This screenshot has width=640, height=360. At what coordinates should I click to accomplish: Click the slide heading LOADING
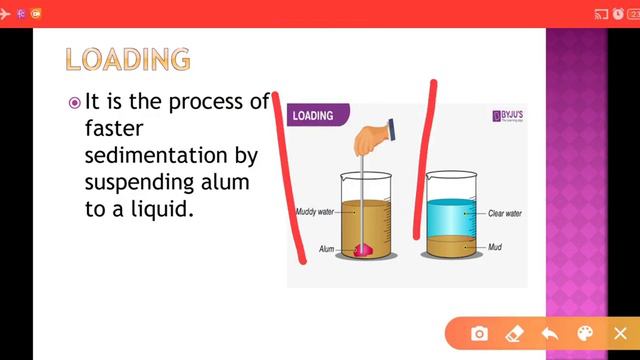pos(127,58)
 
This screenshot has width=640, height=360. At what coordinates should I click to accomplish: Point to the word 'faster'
pos(111,129)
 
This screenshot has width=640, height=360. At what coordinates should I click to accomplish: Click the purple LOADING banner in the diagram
pos(317,116)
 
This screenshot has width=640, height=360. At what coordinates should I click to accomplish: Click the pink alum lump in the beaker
pos(361,250)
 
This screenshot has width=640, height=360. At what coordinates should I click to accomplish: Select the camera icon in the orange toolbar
pos(480,333)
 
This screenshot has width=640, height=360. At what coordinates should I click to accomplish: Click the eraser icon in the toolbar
pos(515,333)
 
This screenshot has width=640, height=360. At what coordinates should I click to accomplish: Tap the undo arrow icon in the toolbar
pos(550,333)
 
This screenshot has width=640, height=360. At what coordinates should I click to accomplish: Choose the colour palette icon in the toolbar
pos(585,333)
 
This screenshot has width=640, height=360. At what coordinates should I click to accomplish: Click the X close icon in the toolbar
pos(620,333)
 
